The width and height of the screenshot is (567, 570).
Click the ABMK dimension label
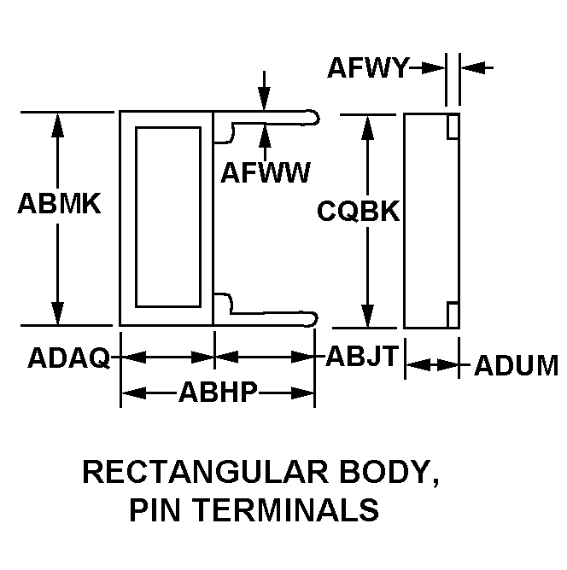(59, 204)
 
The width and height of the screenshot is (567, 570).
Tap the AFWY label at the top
(368, 67)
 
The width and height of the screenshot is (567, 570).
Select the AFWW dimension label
(266, 172)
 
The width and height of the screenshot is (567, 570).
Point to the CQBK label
(359, 211)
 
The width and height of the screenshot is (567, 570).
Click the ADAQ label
(69, 358)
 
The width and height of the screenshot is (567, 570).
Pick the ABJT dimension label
(362, 356)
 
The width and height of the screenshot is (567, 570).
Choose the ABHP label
(218, 392)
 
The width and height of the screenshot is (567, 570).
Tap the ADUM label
(516, 365)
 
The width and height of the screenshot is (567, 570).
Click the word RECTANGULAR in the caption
(206, 472)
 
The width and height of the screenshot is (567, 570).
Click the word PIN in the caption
(155, 510)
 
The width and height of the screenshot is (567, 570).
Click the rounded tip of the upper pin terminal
(318, 117)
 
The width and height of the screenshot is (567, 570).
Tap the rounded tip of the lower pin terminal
(316, 319)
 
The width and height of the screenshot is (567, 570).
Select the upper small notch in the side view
(453, 126)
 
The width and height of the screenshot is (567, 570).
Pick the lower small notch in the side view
(453, 315)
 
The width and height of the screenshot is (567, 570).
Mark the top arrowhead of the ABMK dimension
(57, 125)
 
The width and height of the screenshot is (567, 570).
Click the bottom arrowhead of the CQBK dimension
(368, 316)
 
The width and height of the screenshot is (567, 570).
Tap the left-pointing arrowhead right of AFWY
(473, 67)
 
